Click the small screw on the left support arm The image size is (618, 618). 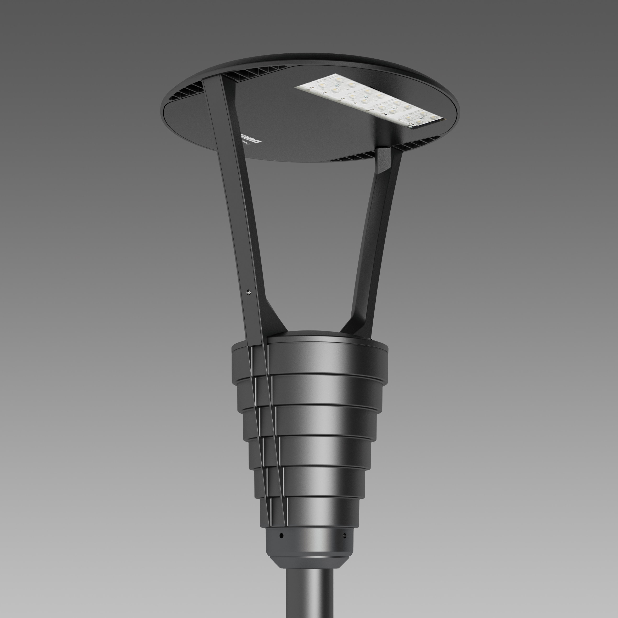249,292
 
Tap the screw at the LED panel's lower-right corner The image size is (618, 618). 411,127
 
